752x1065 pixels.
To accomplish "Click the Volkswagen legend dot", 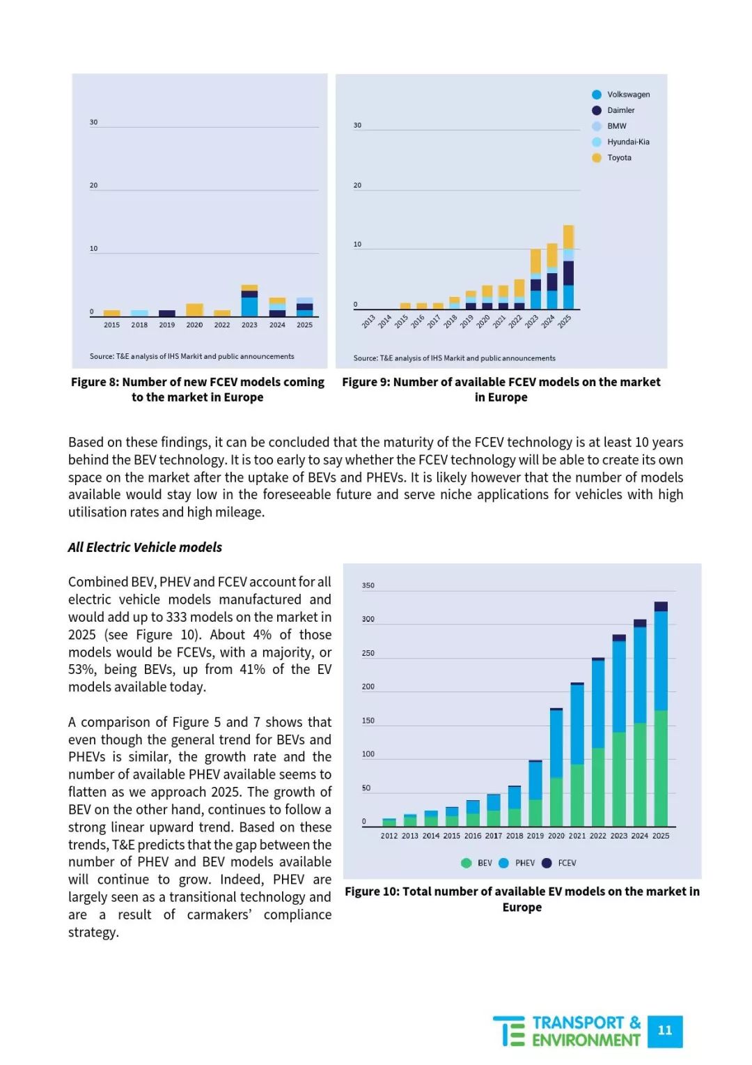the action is (597, 95).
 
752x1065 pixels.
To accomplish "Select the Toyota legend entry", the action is (612, 158).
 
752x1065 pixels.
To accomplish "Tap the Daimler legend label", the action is (621, 110).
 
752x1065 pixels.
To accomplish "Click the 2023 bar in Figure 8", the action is (249, 300).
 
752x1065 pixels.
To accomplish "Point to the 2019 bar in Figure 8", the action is (166, 314).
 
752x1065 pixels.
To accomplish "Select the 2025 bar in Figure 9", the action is (568, 267).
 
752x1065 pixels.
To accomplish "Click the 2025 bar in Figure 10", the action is (661, 714).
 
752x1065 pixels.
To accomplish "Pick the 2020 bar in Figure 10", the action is (556, 767).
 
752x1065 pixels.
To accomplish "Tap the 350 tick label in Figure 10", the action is (368, 585).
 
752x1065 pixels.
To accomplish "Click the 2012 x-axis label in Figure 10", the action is (389, 836).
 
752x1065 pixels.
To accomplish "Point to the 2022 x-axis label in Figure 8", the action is (222, 325).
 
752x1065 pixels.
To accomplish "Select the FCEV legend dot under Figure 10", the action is (547, 863).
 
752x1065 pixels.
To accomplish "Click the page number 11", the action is (665, 1030).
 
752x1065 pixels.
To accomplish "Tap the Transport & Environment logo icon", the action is (509, 1032).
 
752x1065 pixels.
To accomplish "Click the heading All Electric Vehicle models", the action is (145, 547).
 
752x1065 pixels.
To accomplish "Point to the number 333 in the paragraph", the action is (175, 617).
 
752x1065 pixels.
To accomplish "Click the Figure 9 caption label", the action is (501, 390).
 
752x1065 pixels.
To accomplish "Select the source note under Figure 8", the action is (192, 356).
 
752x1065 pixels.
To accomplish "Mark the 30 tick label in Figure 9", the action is (357, 125).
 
